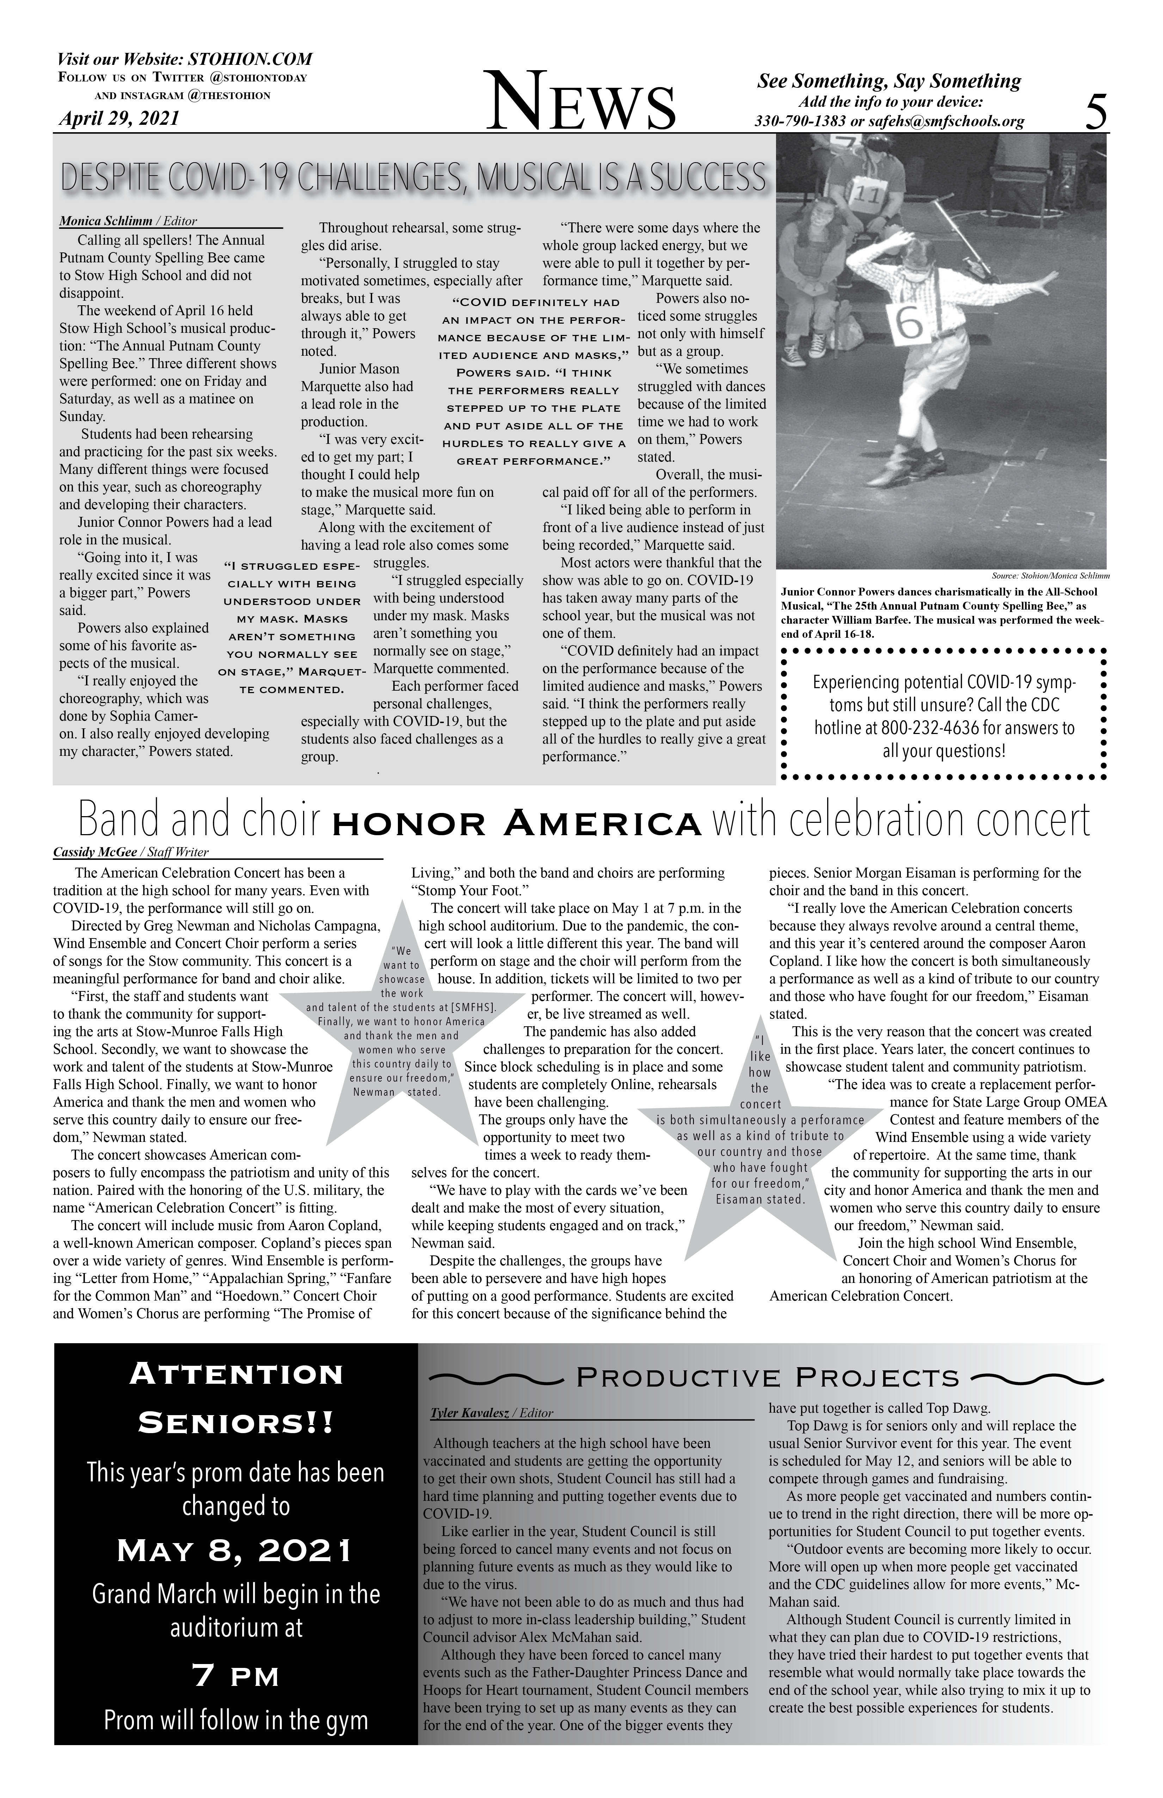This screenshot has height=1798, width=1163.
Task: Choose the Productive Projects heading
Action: (767, 1379)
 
